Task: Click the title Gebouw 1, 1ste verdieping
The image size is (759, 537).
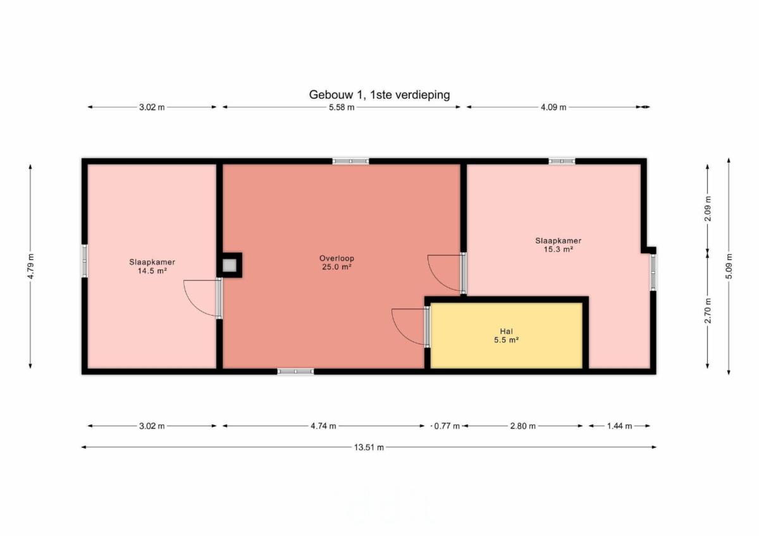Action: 379,95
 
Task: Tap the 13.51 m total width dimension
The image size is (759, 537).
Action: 369,447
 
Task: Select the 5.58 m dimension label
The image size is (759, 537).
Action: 341,108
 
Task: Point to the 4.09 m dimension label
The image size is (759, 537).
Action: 553,108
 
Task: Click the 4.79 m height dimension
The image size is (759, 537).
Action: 31,266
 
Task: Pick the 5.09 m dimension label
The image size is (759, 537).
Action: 729,266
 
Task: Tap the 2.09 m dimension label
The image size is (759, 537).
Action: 708,209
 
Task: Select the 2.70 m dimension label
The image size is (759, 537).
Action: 708,311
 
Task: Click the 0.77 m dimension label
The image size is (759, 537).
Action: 447,426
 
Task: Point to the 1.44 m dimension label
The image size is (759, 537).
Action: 619,426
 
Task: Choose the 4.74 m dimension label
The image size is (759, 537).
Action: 323,426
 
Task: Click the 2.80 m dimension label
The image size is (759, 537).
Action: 523,426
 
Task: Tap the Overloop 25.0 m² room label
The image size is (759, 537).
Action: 336,262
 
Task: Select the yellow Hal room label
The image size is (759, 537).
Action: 506,336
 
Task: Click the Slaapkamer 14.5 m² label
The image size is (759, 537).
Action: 152,266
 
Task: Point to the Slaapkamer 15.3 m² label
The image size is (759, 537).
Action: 558,245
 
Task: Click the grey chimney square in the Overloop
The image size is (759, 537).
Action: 230,265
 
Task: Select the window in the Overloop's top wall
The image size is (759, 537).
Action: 350,161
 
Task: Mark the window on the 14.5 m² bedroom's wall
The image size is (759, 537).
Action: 84,261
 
